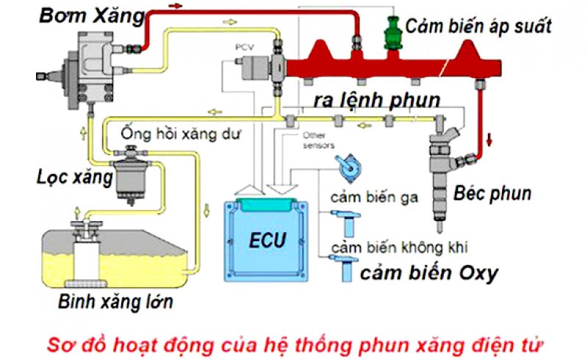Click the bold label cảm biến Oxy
click(429, 273)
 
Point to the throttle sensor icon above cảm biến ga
click(347, 166)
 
